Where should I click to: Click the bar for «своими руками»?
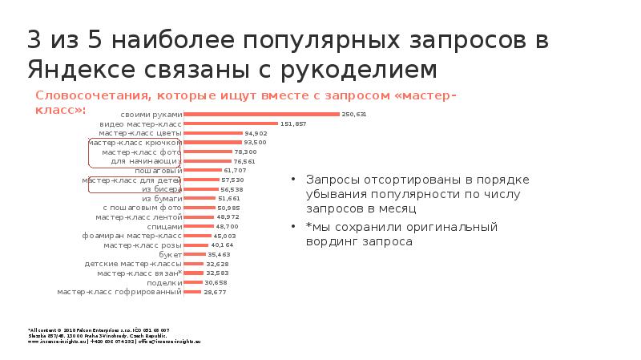point(262,115)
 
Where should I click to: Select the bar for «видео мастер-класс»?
point(231,124)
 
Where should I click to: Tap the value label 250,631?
point(353,115)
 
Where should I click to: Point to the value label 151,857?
point(293,124)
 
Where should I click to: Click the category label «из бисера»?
point(162,189)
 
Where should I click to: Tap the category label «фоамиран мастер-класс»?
point(132,236)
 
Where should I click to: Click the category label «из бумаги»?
point(162,198)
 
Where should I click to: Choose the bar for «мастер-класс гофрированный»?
point(192,292)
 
